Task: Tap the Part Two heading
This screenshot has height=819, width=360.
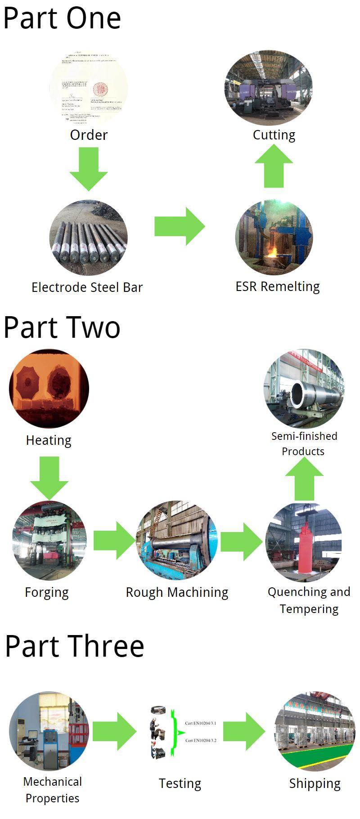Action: [x=62, y=327]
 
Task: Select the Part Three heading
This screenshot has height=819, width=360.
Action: [x=74, y=646]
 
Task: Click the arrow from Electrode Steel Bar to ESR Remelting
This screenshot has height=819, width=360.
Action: [x=179, y=226]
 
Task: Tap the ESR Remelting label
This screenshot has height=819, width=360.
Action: [x=278, y=286]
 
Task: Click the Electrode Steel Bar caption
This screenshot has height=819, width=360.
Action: [x=87, y=287]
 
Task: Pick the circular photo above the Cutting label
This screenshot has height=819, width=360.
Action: [x=268, y=88]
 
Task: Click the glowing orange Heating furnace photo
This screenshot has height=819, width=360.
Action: [x=49, y=388]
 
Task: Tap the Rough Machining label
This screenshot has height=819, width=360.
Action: [x=177, y=592]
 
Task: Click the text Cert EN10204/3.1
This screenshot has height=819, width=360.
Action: [x=201, y=723]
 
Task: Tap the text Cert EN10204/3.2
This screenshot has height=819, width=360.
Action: [x=201, y=740]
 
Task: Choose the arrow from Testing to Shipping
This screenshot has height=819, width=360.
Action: [x=244, y=731]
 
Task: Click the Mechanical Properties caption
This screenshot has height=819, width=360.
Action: [x=53, y=790]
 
